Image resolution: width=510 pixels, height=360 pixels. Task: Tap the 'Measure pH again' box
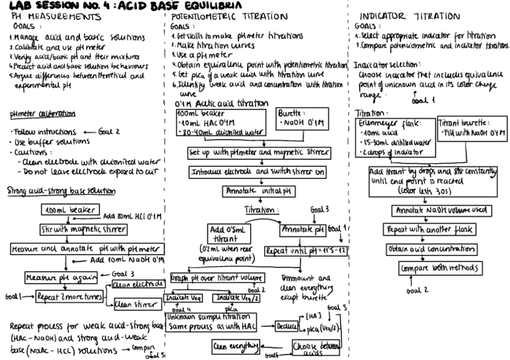tap(54, 277)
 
